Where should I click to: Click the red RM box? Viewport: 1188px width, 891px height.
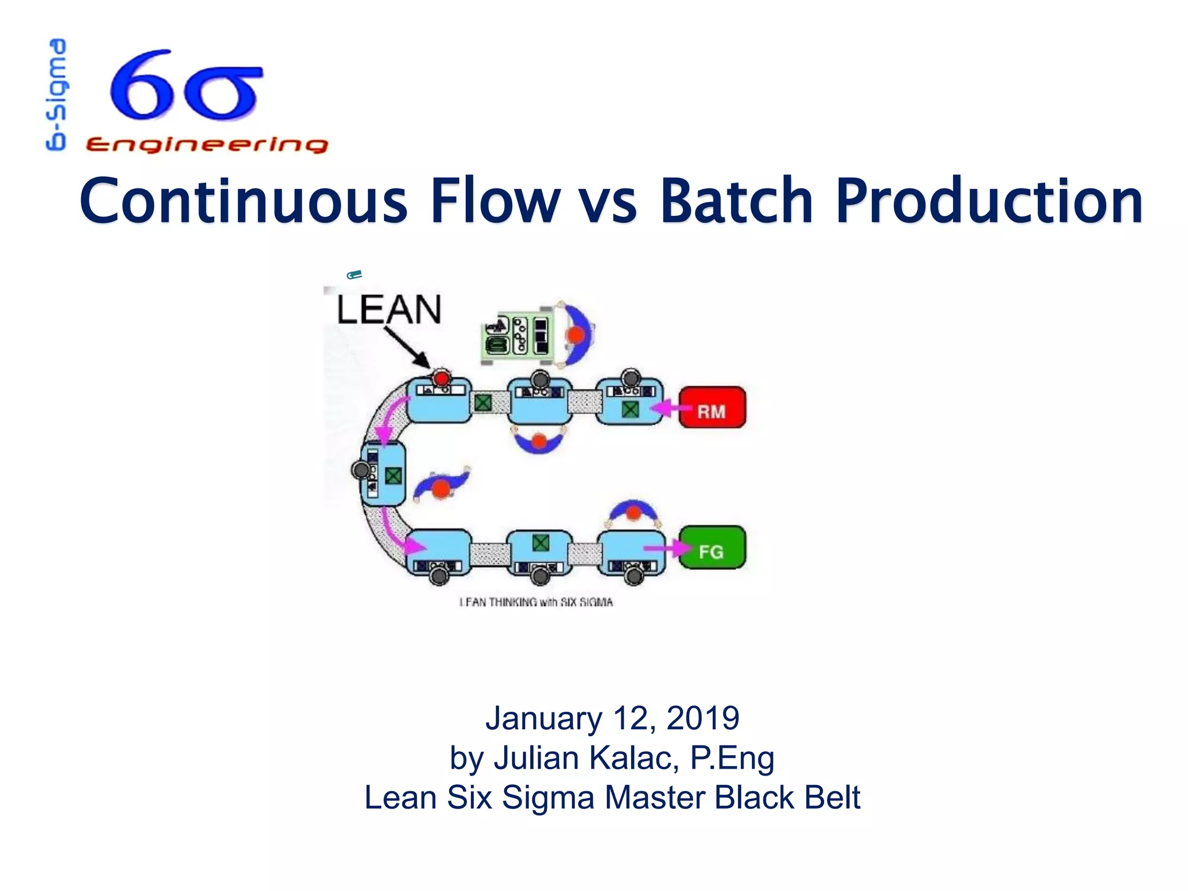tap(712, 408)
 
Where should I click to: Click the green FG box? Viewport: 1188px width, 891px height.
tap(712, 548)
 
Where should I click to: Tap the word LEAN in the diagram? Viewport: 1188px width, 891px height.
tap(389, 310)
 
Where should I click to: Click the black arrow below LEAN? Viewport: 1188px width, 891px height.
tap(405, 347)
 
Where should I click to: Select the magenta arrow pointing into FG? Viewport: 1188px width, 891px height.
tap(667, 548)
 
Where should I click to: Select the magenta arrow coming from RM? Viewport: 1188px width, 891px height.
tap(670, 408)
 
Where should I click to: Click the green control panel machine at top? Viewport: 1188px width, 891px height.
tap(516, 336)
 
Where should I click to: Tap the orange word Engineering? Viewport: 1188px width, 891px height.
tap(207, 144)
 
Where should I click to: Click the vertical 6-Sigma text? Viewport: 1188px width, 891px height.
tap(57, 95)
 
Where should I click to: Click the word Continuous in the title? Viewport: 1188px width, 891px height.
tap(244, 201)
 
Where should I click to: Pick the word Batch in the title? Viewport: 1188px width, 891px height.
tap(737, 201)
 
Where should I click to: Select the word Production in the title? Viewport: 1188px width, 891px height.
tap(989, 201)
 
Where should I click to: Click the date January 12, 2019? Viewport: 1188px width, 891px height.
tap(612, 718)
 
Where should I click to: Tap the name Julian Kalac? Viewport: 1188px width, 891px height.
tap(586, 758)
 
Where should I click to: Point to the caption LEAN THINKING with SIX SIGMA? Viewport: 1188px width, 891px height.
tap(536, 602)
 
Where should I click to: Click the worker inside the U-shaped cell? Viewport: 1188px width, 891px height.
tap(441, 486)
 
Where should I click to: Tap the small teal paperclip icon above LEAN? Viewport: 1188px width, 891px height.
tap(354, 274)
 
